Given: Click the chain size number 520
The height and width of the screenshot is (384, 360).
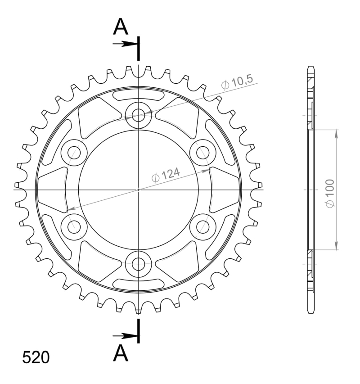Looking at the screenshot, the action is click(x=36, y=357).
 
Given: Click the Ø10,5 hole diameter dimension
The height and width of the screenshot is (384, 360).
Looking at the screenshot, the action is click(x=236, y=82).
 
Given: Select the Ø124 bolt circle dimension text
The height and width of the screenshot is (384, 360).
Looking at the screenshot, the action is click(x=166, y=175).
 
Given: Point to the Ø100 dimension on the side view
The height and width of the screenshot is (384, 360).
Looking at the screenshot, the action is click(x=330, y=193).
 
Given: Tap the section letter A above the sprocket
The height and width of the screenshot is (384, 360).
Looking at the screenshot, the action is click(x=121, y=27).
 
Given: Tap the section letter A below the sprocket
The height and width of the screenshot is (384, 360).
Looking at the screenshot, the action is click(x=121, y=353).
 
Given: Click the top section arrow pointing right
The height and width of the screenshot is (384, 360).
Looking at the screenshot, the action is click(x=125, y=44).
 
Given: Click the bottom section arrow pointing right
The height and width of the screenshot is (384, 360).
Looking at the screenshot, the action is click(x=125, y=336).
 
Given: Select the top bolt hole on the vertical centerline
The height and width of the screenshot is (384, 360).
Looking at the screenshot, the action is click(x=139, y=115).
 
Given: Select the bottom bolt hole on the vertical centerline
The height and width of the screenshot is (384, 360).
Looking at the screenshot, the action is click(x=139, y=264).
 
